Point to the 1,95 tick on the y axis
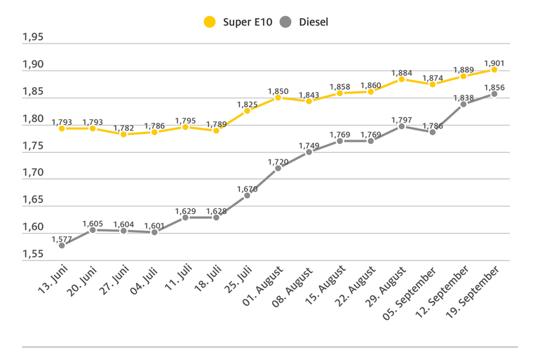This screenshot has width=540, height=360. (x=32, y=38)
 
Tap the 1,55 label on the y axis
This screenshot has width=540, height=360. (x=32, y=254)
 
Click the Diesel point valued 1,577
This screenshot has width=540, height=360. (x=62, y=245)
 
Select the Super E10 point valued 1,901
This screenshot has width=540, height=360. (x=494, y=69)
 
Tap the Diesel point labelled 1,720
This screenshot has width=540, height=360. (x=278, y=168)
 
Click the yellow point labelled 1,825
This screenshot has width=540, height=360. (x=247, y=111)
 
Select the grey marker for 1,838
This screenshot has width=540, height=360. (x=464, y=104)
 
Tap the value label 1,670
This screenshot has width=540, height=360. (x=247, y=188)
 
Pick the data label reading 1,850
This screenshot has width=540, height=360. (x=278, y=91)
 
